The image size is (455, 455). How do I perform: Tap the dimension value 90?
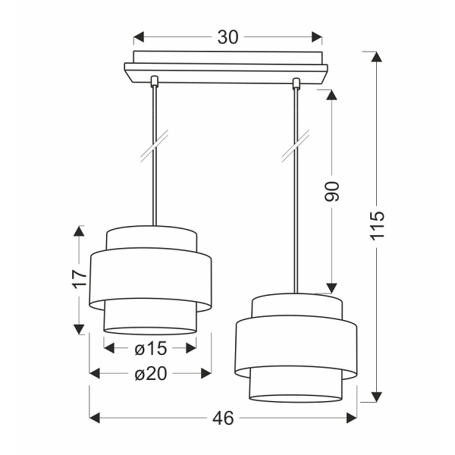[x=331, y=191]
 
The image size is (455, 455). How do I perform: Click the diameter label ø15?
[x=150, y=348]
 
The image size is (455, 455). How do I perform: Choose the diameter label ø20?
[x=150, y=372]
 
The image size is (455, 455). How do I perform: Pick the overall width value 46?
[x=223, y=417]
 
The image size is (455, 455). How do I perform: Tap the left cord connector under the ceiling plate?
[x=155, y=81]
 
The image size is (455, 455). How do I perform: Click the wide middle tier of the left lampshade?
[x=150, y=281]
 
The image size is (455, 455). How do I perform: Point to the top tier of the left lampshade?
[x=150, y=238]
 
